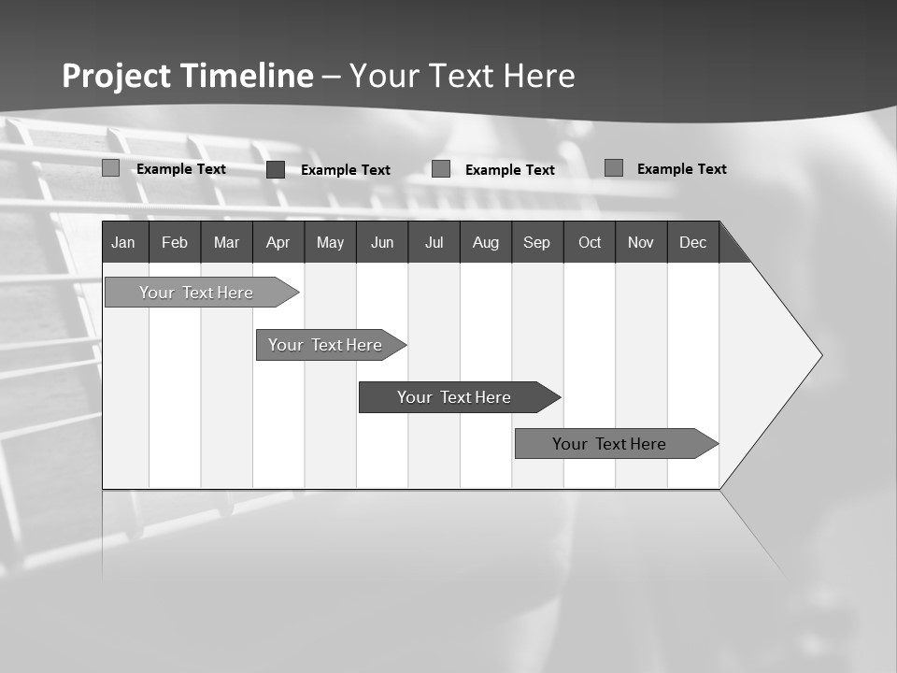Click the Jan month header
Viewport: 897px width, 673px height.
[123, 242]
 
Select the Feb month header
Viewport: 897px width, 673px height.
[175, 242]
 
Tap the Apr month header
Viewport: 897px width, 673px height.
[278, 242]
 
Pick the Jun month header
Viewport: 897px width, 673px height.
[382, 242]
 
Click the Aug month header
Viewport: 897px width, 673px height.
[485, 242]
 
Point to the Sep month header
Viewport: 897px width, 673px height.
[536, 242]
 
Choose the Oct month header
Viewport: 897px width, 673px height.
[590, 242]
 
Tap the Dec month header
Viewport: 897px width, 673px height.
[692, 242]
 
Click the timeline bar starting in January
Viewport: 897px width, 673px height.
[196, 293]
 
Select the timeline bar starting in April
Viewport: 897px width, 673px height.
[325, 345]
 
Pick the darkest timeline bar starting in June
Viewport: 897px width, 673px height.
[454, 397]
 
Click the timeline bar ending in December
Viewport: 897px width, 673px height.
[609, 444]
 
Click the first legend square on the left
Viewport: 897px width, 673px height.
[111, 168]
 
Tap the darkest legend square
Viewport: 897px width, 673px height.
[276, 169]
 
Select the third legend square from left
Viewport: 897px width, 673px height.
[441, 168]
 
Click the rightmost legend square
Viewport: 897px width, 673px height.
[614, 167]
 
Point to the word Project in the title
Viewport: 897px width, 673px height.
[117, 76]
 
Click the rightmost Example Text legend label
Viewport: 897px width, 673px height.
[681, 168]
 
